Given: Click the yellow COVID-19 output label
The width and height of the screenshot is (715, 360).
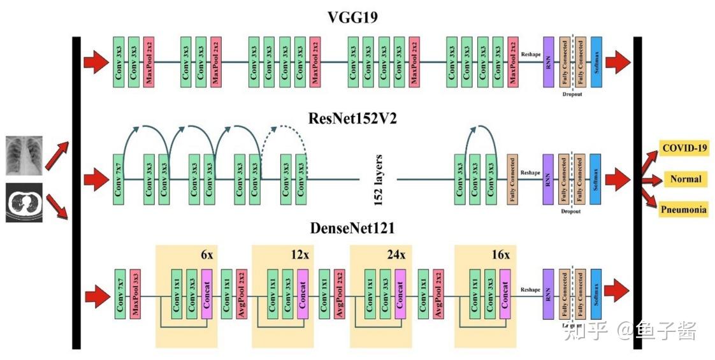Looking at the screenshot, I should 684,148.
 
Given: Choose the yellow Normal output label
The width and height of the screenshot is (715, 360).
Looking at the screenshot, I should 685,179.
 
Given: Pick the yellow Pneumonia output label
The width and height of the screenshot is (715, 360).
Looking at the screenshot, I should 683,209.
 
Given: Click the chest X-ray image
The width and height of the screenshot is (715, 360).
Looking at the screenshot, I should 24,155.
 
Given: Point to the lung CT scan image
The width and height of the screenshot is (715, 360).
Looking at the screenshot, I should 24,203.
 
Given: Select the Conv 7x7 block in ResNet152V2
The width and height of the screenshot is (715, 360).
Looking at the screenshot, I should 118,179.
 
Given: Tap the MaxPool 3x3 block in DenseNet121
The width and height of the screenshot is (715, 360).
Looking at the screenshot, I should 134,294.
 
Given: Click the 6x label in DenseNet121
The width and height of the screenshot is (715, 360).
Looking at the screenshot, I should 206,255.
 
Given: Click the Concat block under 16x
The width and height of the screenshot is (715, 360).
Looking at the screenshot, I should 505,294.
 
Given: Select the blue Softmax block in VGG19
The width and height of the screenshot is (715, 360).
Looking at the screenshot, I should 596,62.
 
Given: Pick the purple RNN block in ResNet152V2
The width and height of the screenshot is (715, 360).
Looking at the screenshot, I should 548,179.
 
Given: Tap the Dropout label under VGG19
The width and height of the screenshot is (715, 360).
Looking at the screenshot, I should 572,95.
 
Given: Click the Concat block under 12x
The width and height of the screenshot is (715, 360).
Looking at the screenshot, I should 303,294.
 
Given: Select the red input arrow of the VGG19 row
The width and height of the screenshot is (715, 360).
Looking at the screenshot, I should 96,62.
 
